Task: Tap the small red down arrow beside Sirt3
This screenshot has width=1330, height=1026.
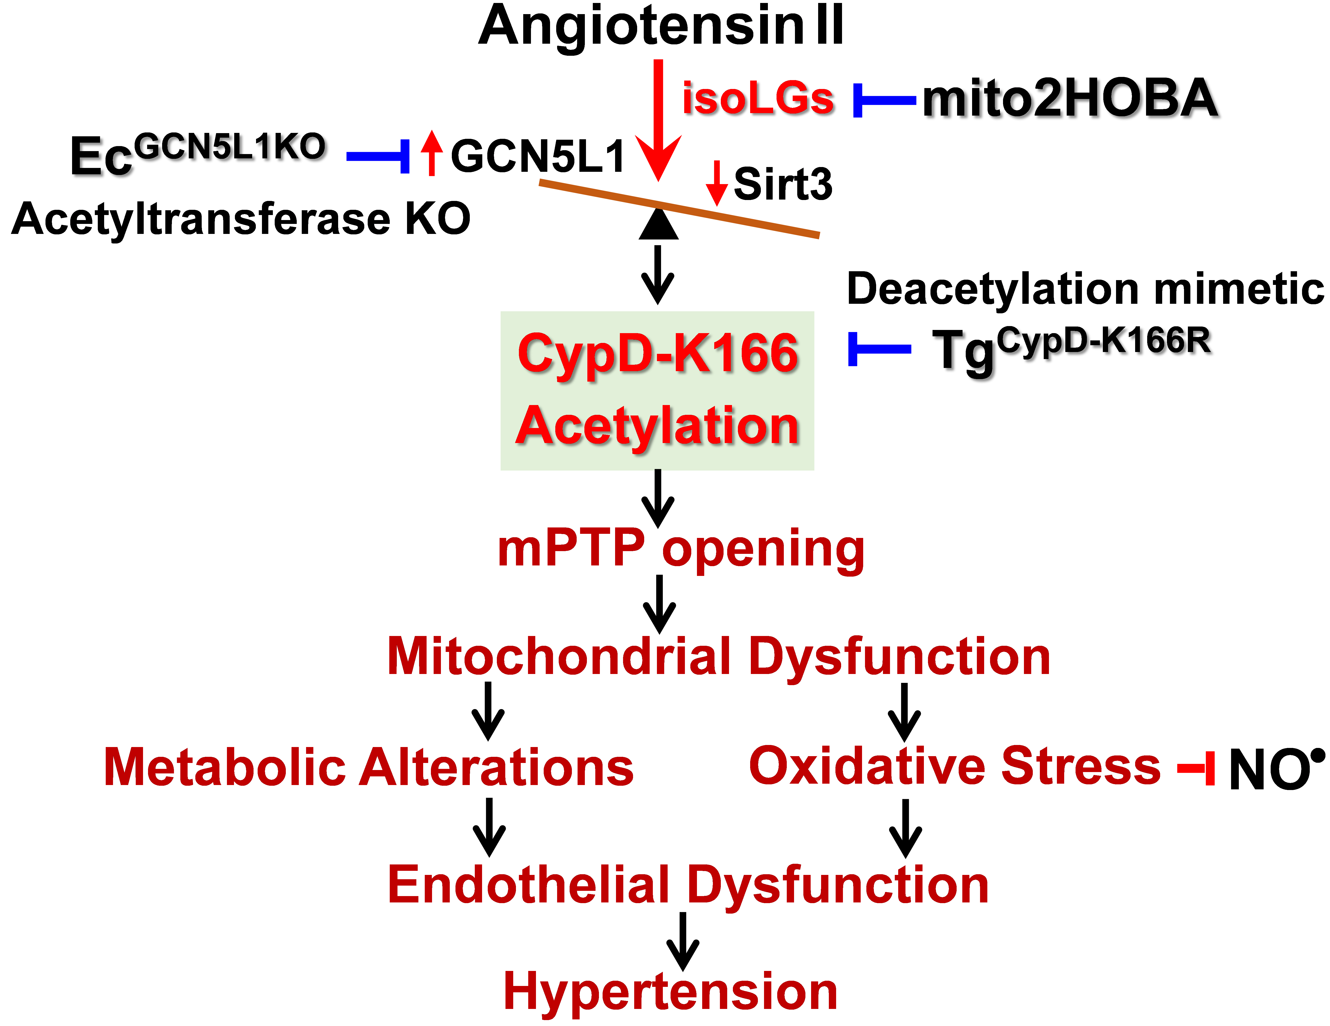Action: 717,183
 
